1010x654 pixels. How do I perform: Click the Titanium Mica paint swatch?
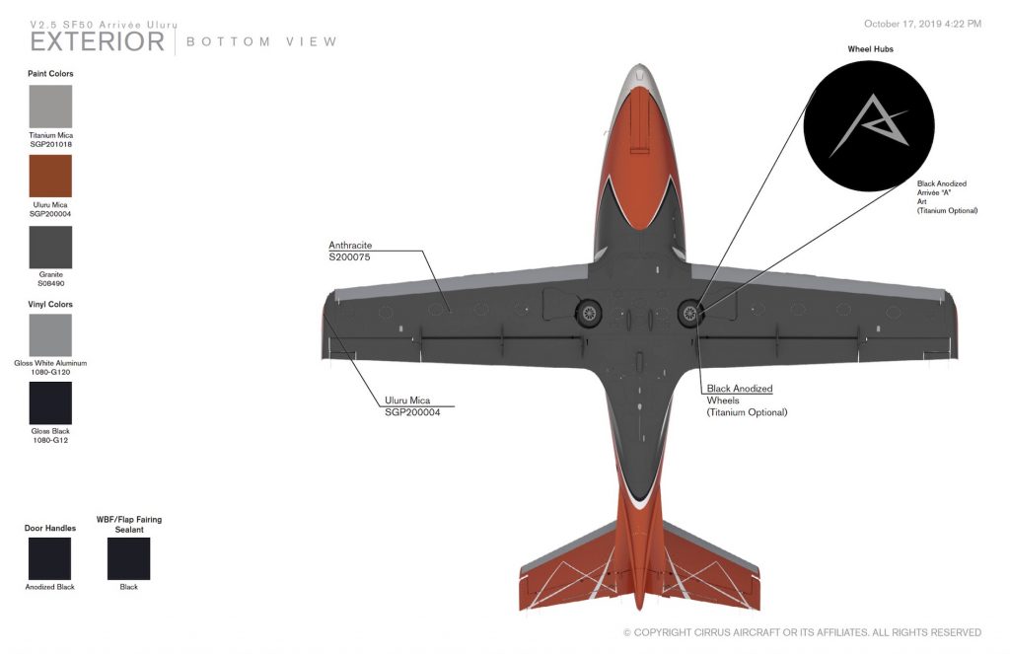50,107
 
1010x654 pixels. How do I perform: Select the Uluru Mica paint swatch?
50,177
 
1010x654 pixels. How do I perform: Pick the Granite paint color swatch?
50,248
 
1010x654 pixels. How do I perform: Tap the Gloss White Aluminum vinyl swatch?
50,335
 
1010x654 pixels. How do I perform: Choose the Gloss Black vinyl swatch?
50,403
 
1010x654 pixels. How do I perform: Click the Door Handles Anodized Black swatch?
50,558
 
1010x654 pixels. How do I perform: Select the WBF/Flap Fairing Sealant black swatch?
128,558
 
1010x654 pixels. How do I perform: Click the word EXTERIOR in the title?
98,41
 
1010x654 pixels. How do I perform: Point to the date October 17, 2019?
922,24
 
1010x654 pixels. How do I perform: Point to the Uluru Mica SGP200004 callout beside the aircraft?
412,406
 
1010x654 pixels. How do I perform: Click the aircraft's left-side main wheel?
588,314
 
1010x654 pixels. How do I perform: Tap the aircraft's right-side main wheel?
689,314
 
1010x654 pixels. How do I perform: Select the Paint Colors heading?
50,74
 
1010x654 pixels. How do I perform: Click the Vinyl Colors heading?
50,305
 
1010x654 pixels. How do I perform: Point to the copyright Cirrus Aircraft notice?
802,632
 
